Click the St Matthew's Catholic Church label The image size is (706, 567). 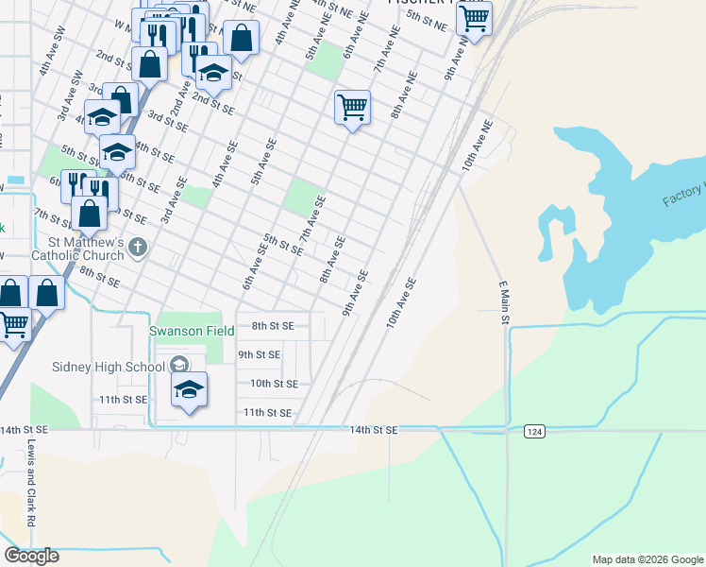pos(77,249)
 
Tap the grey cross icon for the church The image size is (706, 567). pos(139,249)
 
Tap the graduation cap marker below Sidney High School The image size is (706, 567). pos(189,389)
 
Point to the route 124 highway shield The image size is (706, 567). pos(535,431)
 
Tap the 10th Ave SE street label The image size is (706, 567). pos(400,302)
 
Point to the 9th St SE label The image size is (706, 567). pos(259,354)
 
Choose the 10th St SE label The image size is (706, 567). pos(274,384)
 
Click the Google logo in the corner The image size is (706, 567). pos(31,556)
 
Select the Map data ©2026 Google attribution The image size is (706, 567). pos(647,559)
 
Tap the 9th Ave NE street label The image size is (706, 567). pos(457,59)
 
